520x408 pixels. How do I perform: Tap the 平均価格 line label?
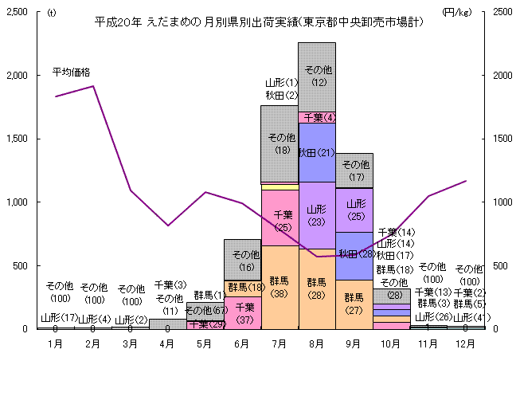(x=72, y=72)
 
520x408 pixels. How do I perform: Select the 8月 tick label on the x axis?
(x=316, y=343)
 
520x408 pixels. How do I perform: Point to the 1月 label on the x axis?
(x=56, y=343)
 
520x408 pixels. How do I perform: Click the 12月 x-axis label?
(x=465, y=343)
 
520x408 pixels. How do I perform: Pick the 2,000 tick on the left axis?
(x=17, y=76)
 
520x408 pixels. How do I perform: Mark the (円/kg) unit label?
(x=455, y=12)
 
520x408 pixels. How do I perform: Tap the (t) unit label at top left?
(x=52, y=12)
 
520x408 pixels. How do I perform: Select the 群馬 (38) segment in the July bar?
(x=280, y=287)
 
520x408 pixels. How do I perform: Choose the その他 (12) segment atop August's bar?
(x=317, y=76)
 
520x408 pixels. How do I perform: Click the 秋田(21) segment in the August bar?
(x=317, y=152)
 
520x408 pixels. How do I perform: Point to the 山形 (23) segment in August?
(x=317, y=215)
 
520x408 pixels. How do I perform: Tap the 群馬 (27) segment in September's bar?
(x=354, y=304)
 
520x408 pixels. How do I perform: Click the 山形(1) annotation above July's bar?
(x=281, y=82)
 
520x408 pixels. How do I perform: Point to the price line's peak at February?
(x=93, y=86)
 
